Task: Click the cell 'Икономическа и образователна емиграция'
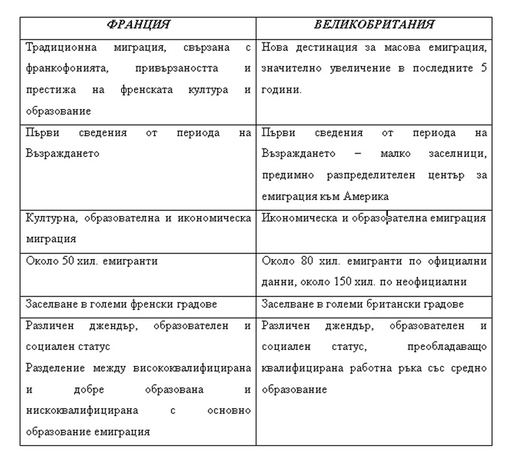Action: click(374, 218)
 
